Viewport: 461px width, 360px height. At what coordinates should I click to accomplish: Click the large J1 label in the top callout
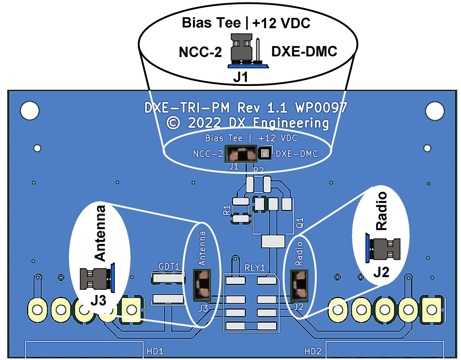pyautogui.click(x=240, y=78)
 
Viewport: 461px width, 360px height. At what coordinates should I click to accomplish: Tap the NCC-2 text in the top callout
pyautogui.click(x=200, y=52)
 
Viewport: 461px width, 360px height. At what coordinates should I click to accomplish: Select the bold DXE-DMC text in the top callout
pyautogui.click(x=304, y=52)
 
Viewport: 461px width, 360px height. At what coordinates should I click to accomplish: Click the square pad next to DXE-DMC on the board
pyautogui.click(x=265, y=153)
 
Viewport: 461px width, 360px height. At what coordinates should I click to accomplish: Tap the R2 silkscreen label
pyautogui.click(x=258, y=170)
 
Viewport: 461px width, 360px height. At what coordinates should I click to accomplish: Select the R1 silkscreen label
pyautogui.click(x=227, y=210)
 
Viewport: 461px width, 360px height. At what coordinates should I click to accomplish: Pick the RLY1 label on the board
pyautogui.click(x=254, y=268)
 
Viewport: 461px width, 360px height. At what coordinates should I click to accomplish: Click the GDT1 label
pyautogui.click(x=169, y=266)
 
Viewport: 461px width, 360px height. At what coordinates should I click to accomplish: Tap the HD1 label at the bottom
pyautogui.click(x=155, y=351)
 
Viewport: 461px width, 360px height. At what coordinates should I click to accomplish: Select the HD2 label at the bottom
pyautogui.click(x=313, y=351)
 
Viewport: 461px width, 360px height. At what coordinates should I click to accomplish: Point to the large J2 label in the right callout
pyautogui.click(x=381, y=272)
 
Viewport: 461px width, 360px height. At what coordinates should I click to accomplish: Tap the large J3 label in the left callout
pyautogui.click(x=98, y=301)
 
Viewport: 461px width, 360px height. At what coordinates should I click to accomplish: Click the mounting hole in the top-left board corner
pyautogui.click(x=29, y=111)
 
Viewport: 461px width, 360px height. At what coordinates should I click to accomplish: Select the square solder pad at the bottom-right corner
pyautogui.click(x=431, y=310)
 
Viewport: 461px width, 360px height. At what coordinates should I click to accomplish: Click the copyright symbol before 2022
pyautogui.click(x=173, y=123)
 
